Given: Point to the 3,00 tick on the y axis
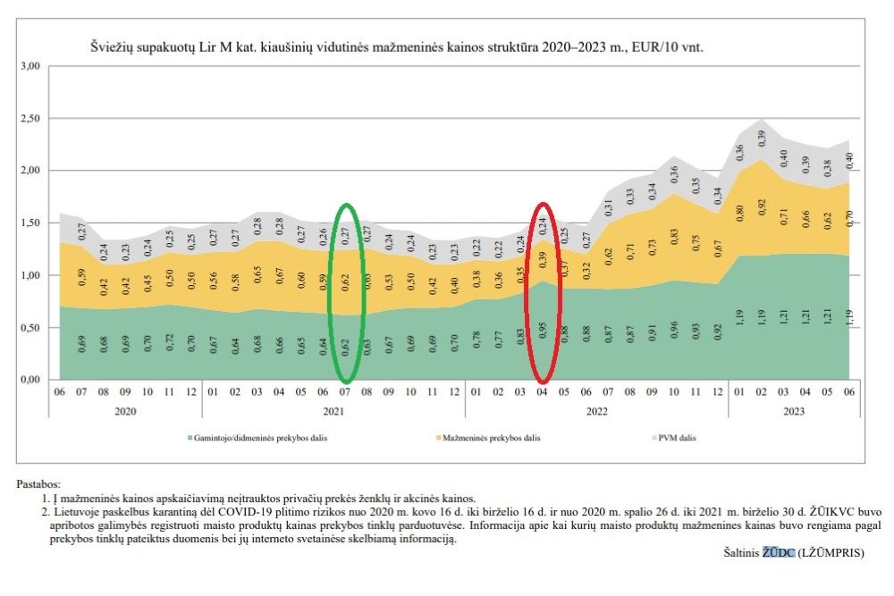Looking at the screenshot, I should click(30, 66).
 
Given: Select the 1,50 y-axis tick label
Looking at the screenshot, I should click(30, 222).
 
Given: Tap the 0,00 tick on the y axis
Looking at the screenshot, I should click(30, 380).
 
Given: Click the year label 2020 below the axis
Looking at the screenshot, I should click(125, 411).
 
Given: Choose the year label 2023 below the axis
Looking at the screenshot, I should click(793, 411).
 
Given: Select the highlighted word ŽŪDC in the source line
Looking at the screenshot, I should click(777, 553).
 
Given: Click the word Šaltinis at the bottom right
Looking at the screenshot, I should click(741, 553).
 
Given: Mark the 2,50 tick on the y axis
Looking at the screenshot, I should click(30, 118).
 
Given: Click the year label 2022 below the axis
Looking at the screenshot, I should click(595, 411).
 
